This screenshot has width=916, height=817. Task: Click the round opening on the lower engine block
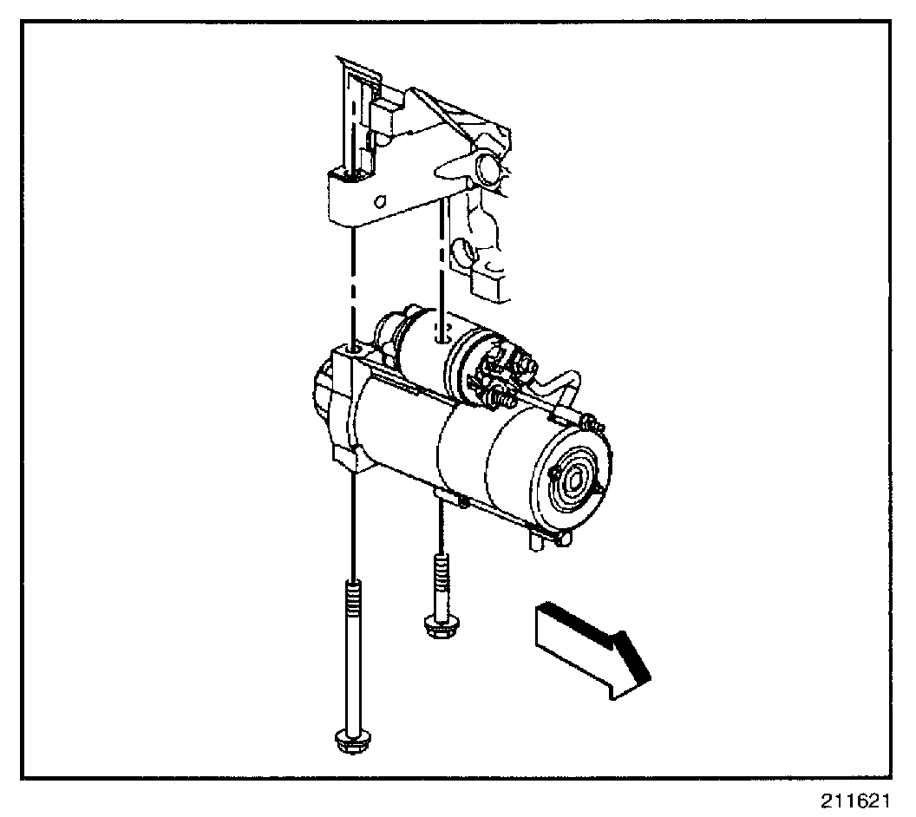461,254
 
